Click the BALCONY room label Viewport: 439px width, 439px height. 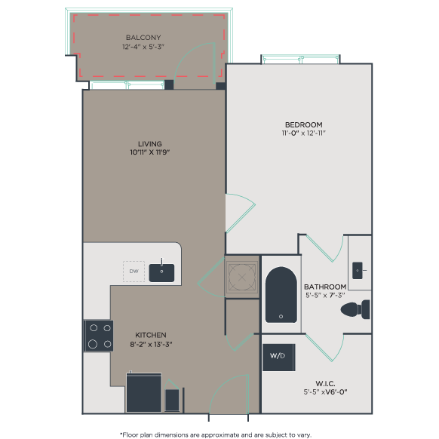pyautogui.click(x=143, y=38)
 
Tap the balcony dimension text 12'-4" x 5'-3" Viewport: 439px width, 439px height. pyautogui.click(x=143, y=47)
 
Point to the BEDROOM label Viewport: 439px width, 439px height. pyautogui.click(x=303, y=124)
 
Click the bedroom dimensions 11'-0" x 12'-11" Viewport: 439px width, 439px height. pyautogui.click(x=303, y=134)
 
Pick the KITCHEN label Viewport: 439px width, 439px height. pyautogui.click(x=151, y=335)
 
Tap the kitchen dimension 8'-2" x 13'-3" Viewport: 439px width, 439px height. pyautogui.click(x=151, y=345)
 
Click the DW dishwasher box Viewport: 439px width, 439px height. pyautogui.click(x=134, y=272)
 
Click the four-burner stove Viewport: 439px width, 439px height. pyautogui.click(x=98, y=336)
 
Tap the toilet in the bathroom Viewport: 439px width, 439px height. pyautogui.click(x=355, y=309)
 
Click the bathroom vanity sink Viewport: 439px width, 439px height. pyautogui.click(x=358, y=269)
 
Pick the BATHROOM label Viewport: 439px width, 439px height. pyautogui.click(x=325, y=287)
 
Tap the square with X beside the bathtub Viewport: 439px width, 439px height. pyautogui.click(x=241, y=276)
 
